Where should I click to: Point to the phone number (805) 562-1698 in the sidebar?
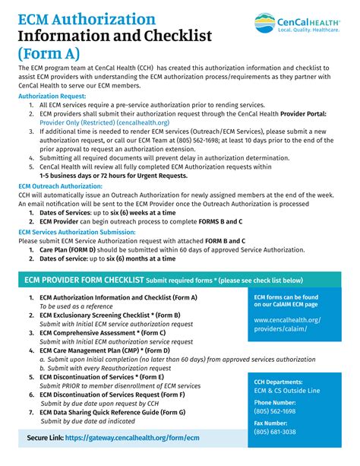click(274, 411)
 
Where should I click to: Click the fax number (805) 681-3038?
click(274, 431)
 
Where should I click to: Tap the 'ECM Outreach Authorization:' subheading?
click(60, 185)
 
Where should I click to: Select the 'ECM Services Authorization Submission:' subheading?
click(77, 232)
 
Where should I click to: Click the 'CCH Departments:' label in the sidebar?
click(279, 382)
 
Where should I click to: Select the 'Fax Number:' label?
click(271, 423)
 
